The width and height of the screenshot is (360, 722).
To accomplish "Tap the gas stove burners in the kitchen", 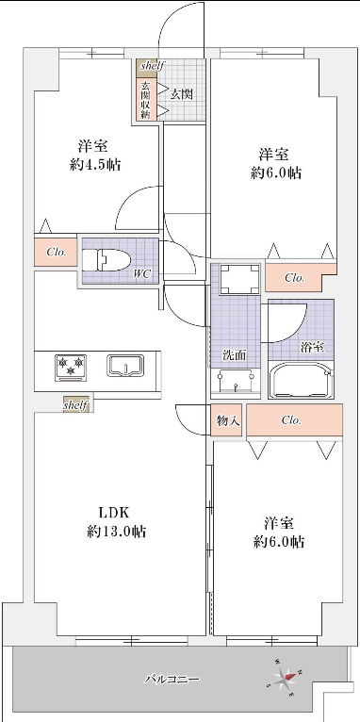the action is (71, 367).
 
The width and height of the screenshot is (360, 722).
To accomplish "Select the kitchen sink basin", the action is (125, 366).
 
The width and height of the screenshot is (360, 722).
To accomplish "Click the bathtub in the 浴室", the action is (301, 381).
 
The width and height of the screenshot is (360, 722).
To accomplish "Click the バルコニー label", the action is (172, 680).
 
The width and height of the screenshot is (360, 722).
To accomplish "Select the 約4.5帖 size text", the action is (95, 165).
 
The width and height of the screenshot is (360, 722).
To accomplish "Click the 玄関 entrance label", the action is (181, 94).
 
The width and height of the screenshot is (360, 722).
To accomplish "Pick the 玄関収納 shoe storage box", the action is (146, 100).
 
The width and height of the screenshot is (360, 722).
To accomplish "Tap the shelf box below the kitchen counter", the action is (76, 405).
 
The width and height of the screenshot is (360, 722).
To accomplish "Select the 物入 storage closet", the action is (226, 419).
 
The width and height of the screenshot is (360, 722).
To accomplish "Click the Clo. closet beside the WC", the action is (56, 252).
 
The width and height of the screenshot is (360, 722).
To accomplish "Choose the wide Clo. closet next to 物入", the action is (295, 420).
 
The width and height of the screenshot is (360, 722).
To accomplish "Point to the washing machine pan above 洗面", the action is (239, 279).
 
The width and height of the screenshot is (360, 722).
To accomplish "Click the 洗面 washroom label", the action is (235, 355).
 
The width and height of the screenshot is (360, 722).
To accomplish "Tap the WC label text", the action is (142, 275).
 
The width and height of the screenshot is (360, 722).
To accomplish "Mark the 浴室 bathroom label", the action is (312, 347).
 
